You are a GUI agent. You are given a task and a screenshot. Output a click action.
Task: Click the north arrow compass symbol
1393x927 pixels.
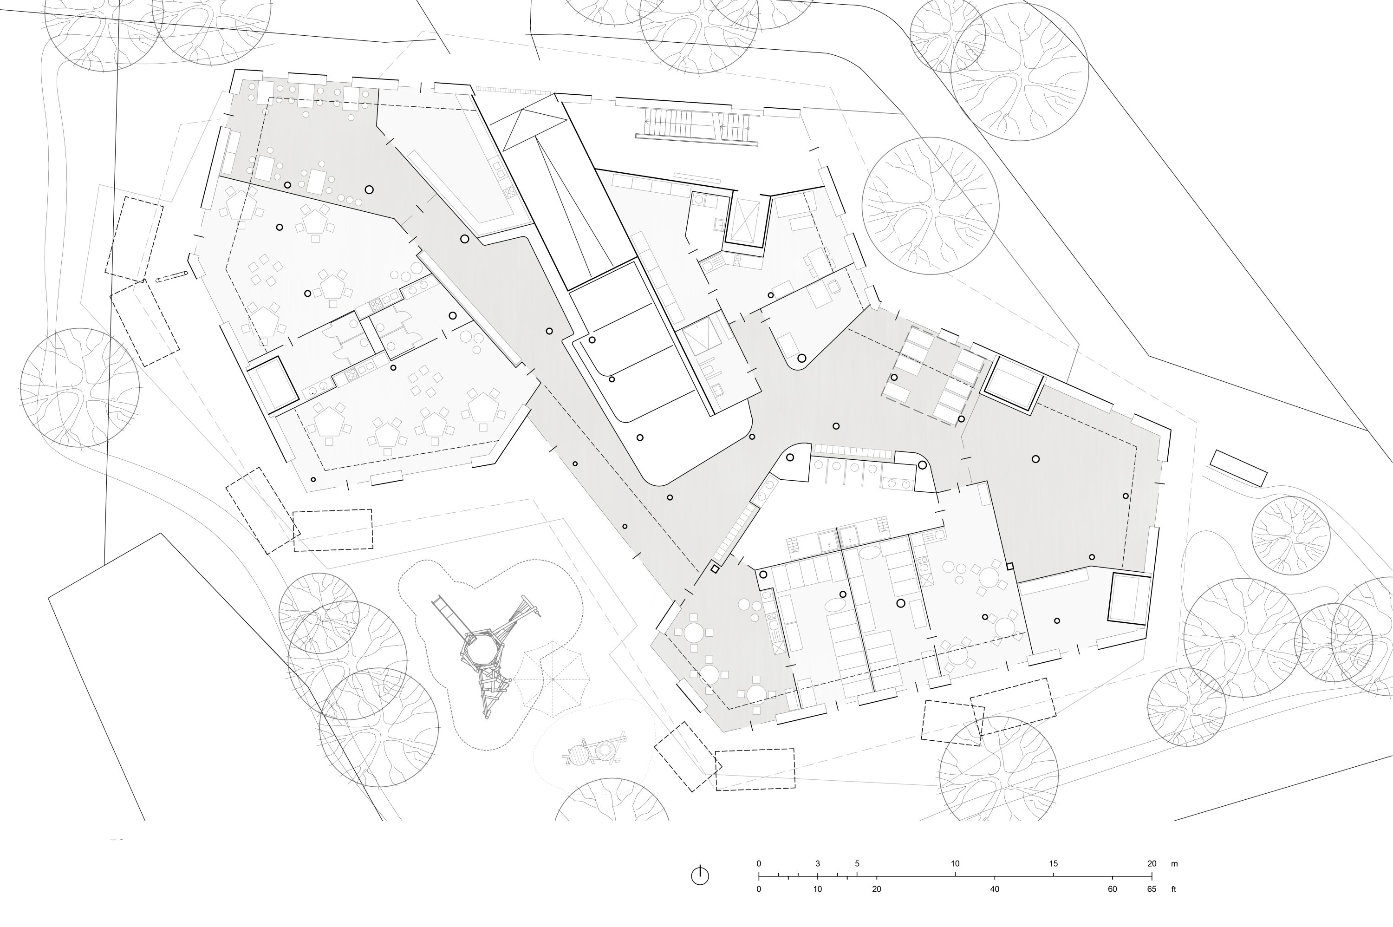coord(700,875)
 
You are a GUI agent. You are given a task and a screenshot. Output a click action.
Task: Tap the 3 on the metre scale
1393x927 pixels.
coord(817,864)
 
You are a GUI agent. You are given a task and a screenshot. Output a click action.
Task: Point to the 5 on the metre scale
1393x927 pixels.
coord(857,864)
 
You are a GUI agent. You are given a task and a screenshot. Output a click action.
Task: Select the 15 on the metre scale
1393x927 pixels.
coord(1053,864)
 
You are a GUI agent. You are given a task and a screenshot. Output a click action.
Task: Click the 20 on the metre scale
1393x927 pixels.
coord(1151,864)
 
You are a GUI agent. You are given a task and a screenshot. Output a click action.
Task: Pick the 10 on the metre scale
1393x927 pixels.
coord(955,864)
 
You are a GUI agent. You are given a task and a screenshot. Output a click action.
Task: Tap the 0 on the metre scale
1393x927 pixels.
coord(759,864)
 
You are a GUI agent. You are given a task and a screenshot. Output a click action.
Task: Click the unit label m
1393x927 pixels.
coord(1174,864)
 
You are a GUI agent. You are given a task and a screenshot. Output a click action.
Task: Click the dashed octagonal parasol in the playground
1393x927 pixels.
coord(552,679)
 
